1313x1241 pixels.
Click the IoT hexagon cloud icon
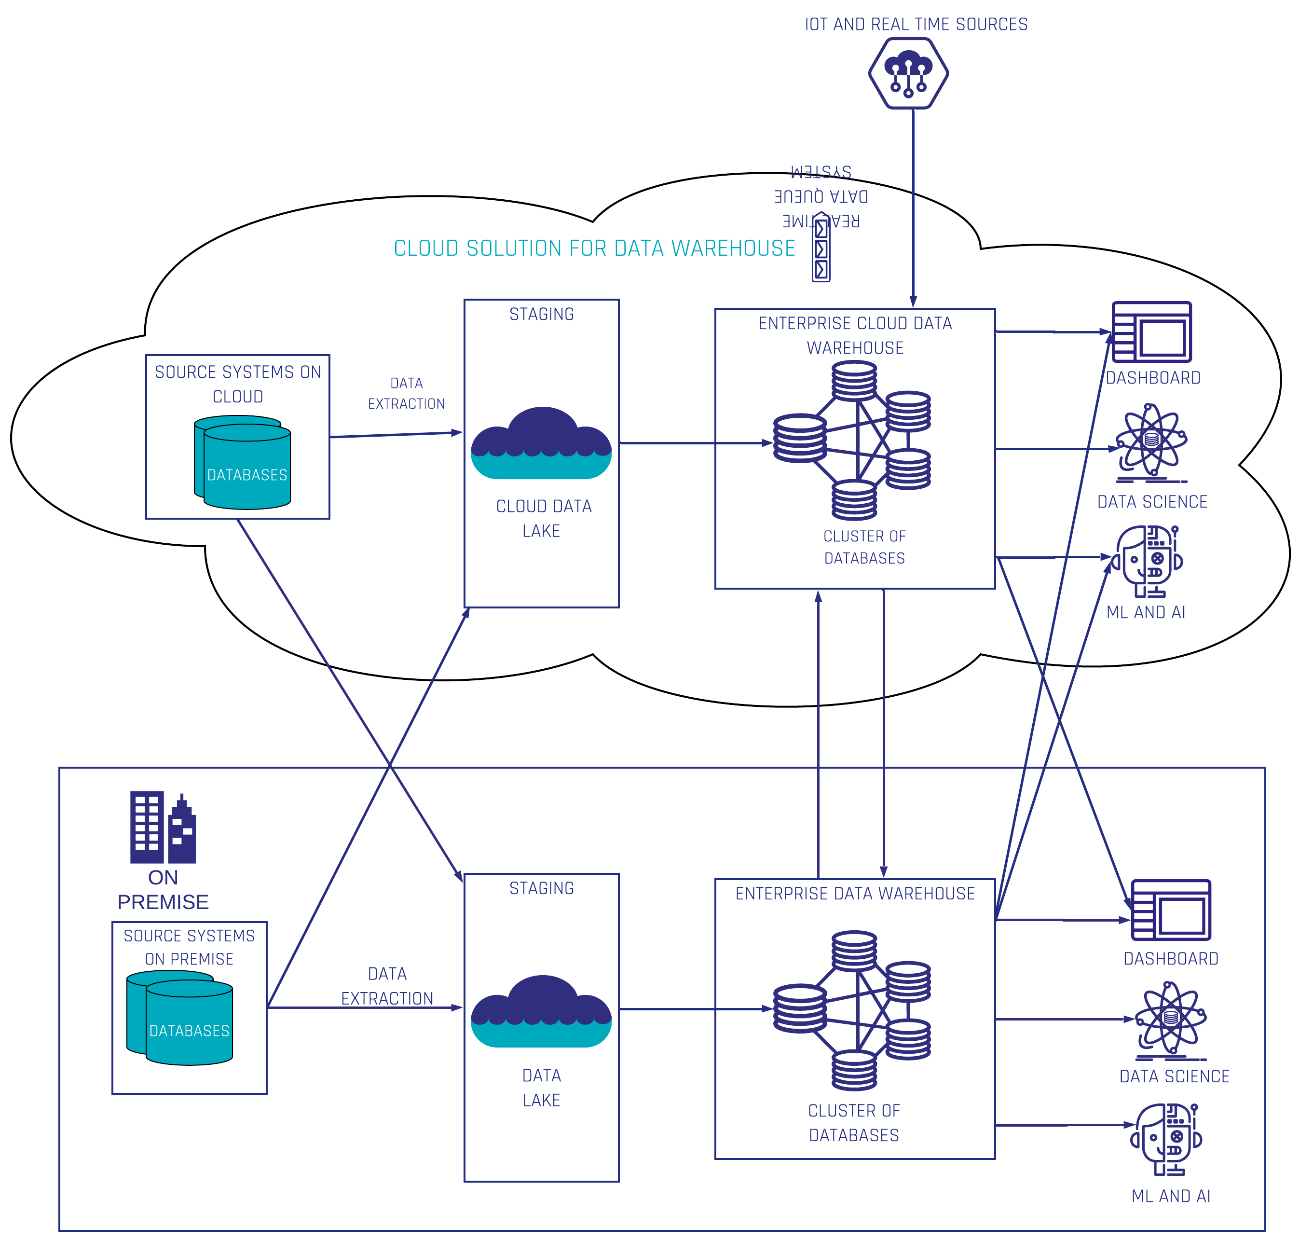[908, 73]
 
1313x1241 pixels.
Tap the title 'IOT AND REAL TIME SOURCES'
[916, 25]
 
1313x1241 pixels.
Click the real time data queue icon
[821, 248]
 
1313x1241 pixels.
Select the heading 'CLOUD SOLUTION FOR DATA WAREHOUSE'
[594, 248]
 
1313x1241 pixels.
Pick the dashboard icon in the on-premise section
[1170, 910]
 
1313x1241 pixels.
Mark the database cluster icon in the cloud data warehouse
[853, 441]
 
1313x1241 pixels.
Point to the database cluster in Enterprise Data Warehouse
[853, 1009]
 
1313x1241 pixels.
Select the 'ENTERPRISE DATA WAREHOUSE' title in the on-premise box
[855, 894]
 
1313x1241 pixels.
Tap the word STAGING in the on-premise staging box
[541, 888]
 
